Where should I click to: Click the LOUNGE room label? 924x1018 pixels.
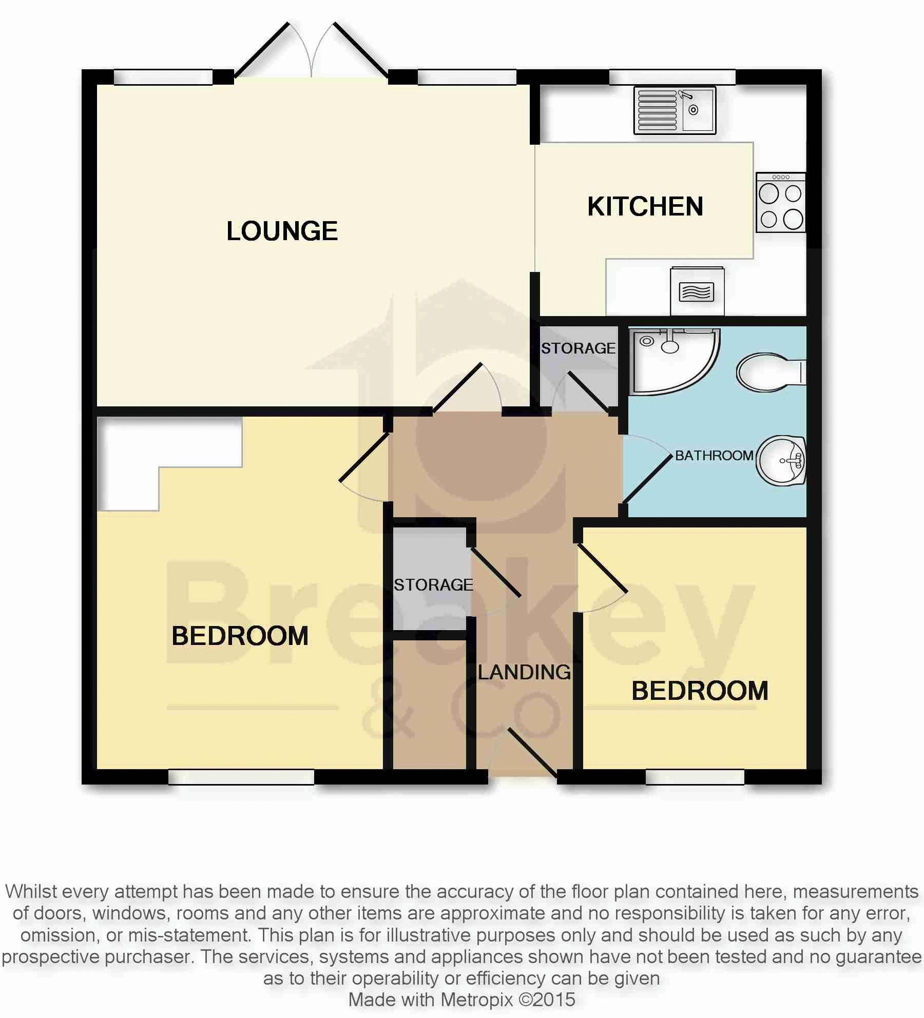coord(282,231)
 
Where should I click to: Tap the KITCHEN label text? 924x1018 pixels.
coord(645,207)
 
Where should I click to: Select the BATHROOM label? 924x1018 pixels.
coord(714,456)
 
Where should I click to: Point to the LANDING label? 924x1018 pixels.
coord(524,672)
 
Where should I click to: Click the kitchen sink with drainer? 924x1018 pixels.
coord(675,110)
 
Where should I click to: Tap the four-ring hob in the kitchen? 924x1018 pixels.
coord(781,203)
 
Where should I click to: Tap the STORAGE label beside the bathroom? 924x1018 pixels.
coord(578,348)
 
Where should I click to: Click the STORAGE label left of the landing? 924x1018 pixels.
coord(433,585)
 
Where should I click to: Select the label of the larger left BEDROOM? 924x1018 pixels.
coord(240,636)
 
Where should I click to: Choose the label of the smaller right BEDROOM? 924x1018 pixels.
coord(700,691)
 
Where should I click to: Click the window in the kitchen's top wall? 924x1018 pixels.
coord(672,77)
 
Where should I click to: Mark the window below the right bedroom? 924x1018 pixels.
coord(695,777)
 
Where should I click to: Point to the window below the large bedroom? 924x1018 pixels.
coord(241,777)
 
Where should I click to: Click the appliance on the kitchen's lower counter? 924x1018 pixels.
coord(697,291)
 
